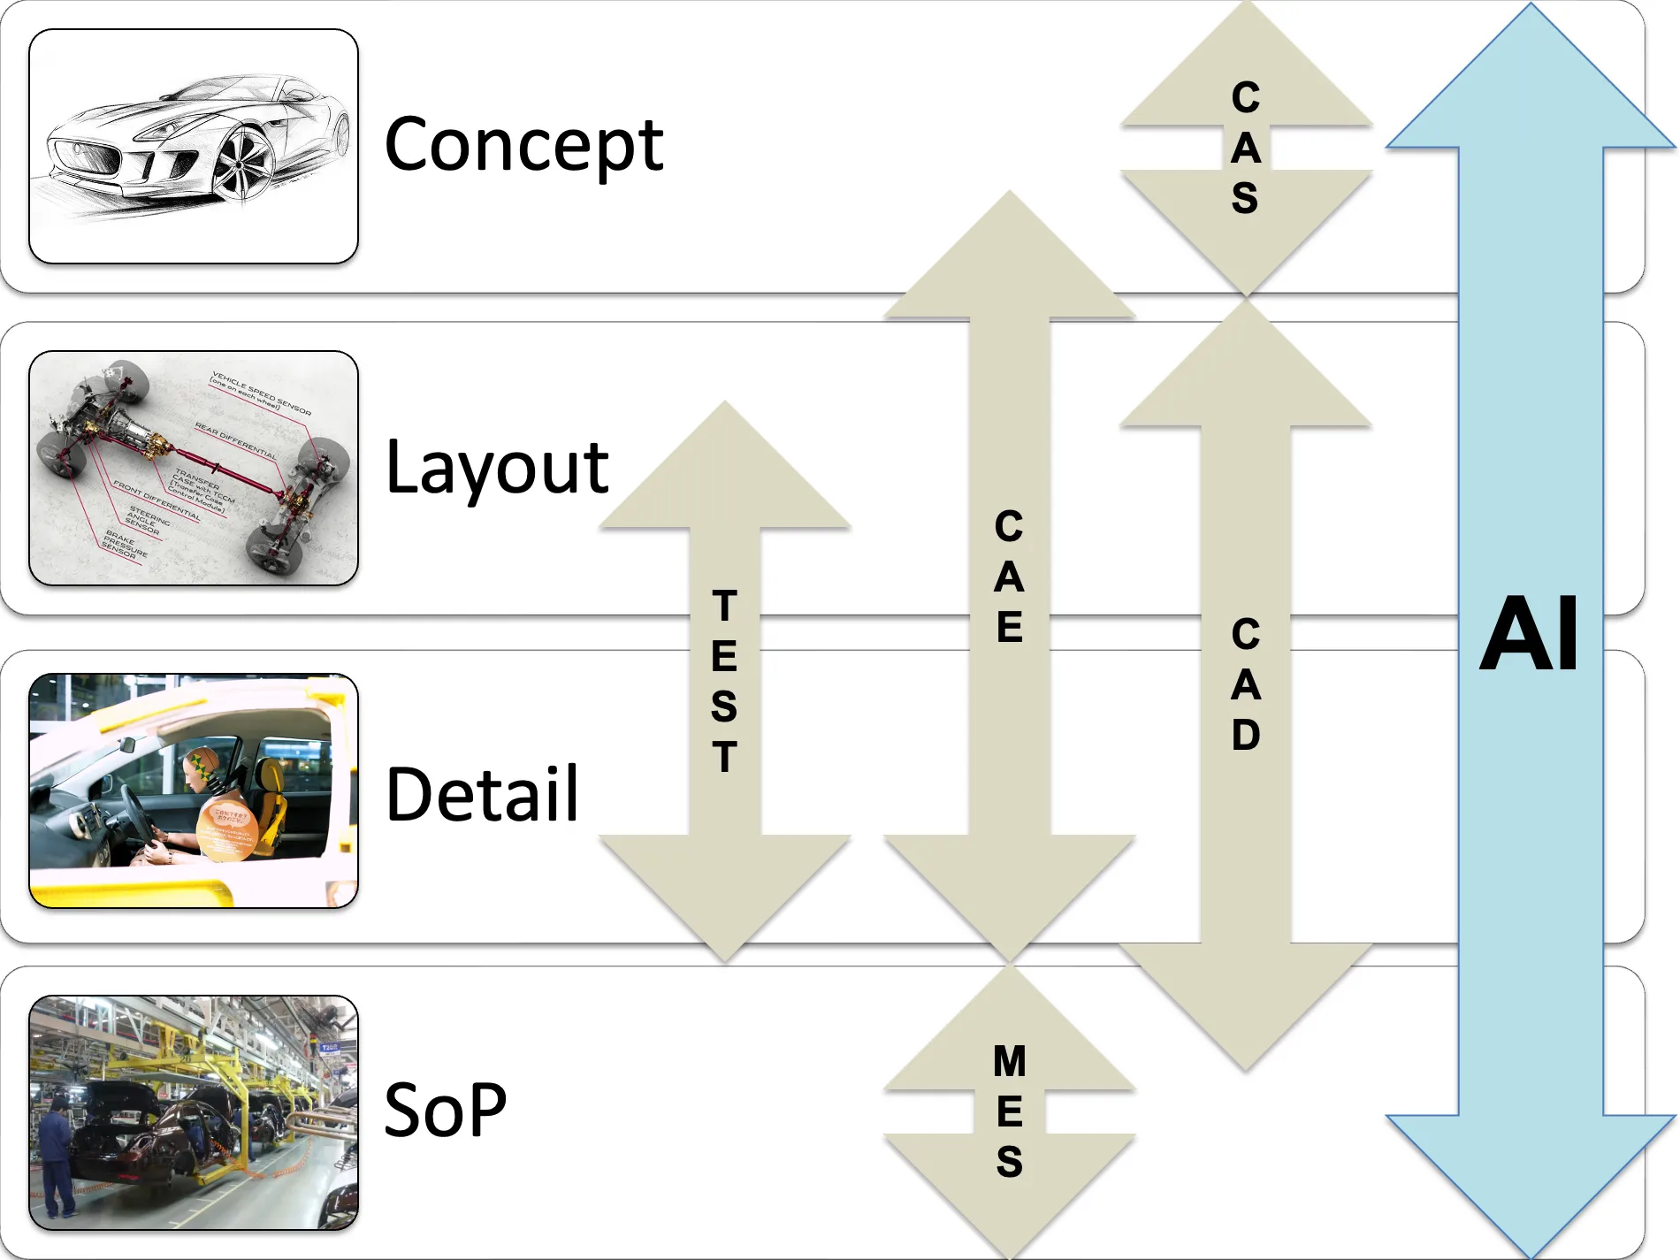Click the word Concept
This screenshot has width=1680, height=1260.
[523, 146]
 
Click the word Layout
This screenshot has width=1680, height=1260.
[497, 469]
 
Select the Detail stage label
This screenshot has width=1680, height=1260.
[482, 794]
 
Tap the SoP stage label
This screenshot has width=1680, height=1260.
[445, 1110]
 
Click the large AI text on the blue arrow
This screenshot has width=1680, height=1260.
[1529, 635]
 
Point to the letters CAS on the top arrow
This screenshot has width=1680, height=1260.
[1245, 148]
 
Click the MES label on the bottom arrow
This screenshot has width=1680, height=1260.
[1009, 1111]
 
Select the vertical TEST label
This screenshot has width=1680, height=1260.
[724, 681]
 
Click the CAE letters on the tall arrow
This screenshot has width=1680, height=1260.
[1009, 577]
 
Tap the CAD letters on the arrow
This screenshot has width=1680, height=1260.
[1245, 684]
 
